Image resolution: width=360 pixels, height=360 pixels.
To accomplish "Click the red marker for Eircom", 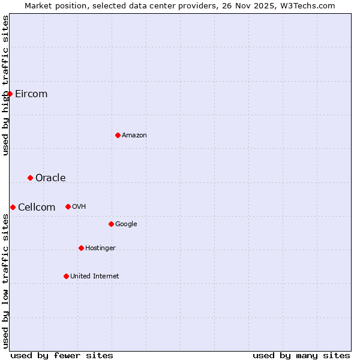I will pyautogui.click(x=10, y=94).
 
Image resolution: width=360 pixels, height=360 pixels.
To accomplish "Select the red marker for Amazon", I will pyautogui.click(x=118, y=135).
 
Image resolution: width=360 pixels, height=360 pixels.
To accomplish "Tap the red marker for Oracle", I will pyautogui.click(x=30, y=178).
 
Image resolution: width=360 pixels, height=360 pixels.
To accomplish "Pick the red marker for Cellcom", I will pyautogui.click(x=13, y=207).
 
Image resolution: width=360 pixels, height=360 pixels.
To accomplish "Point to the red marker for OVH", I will pyautogui.click(x=68, y=206).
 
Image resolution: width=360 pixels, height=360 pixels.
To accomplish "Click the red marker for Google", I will pyautogui.click(x=111, y=224).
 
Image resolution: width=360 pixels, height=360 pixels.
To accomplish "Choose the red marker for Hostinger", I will pyautogui.click(x=81, y=248).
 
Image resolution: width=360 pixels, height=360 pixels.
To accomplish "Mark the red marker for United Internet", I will pyautogui.click(x=66, y=276).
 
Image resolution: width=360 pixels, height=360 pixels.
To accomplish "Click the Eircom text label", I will pyautogui.click(x=31, y=94).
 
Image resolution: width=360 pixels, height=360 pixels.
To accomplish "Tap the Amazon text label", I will pyautogui.click(x=134, y=135).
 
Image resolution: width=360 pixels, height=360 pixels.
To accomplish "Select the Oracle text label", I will pyautogui.click(x=50, y=178).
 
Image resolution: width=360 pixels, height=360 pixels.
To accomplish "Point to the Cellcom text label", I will pyautogui.click(x=37, y=207).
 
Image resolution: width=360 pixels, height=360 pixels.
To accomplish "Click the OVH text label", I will pyautogui.click(x=79, y=206).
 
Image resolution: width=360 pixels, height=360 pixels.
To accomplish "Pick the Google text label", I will pyautogui.click(x=126, y=224).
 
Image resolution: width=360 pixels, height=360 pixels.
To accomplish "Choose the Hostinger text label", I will pyautogui.click(x=100, y=248).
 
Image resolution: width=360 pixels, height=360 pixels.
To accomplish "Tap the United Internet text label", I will pyautogui.click(x=95, y=276).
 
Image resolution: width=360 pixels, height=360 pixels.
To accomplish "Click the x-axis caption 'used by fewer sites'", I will pyautogui.click(x=62, y=355).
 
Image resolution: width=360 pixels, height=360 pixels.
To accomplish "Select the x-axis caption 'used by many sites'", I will pyautogui.click(x=301, y=355).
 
